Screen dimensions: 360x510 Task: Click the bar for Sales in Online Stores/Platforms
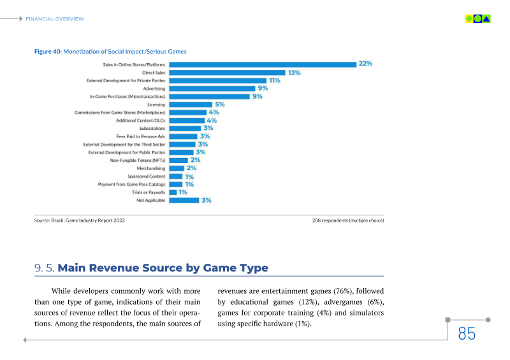click(x=262, y=64)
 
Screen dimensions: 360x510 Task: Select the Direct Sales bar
click(x=227, y=73)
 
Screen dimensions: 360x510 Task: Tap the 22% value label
click(x=365, y=64)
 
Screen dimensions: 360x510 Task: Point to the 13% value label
click(x=294, y=73)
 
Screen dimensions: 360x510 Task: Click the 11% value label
click(x=275, y=80)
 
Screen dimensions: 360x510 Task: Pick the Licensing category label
click(x=156, y=104)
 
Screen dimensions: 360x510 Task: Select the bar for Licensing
click(x=191, y=104)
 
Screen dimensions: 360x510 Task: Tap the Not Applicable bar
click(x=184, y=200)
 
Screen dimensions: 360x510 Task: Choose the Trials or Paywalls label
click(x=149, y=192)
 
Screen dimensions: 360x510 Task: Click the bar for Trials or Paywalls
click(x=173, y=192)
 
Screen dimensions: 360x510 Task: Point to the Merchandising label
click(x=150, y=168)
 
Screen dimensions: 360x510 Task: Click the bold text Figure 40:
click(x=48, y=51)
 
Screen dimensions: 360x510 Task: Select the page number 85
click(x=467, y=333)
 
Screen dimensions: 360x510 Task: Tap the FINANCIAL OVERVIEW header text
click(x=55, y=18)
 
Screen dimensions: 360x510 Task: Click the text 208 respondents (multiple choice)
click(x=347, y=220)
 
